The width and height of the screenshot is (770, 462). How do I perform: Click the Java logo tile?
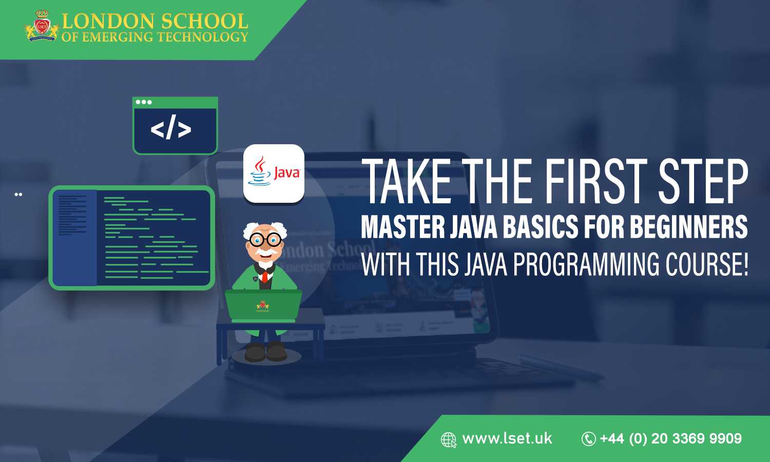point(274,173)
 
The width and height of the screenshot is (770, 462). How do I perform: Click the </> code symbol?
point(171,129)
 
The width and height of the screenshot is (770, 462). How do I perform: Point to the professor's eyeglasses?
point(266,239)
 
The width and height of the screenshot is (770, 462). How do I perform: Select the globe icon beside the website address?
point(449,440)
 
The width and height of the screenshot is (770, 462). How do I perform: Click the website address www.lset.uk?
point(507,438)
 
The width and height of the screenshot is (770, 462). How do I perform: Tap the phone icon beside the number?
point(588,439)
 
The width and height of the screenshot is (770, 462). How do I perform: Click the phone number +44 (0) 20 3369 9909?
point(670,438)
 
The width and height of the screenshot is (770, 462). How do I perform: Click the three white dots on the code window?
point(144,102)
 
